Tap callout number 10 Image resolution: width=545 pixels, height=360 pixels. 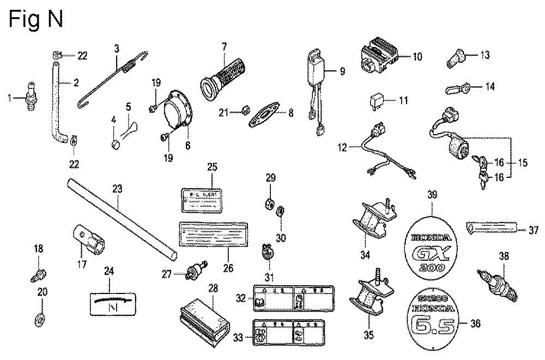click(x=417, y=56)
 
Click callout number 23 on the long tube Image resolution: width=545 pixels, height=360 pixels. click(x=117, y=189)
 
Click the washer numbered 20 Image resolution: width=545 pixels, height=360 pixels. click(x=42, y=318)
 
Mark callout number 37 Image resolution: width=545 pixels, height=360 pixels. click(x=534, y=231)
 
